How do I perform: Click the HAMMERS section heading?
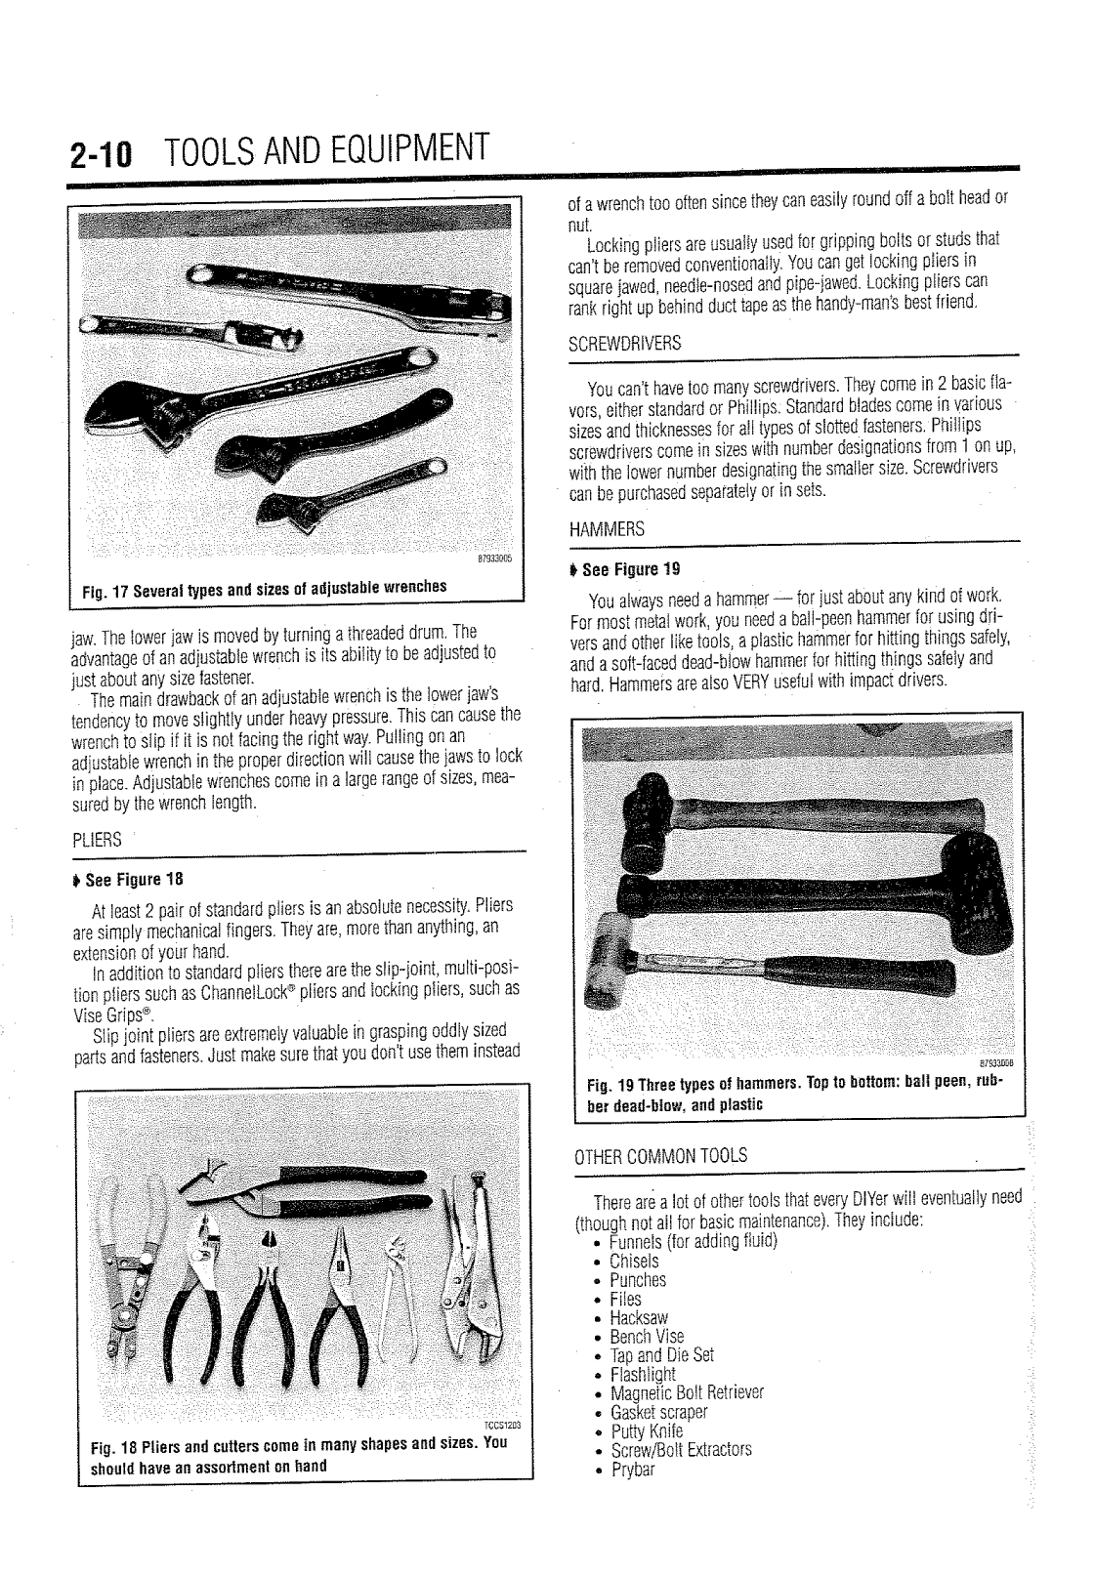(607, 529)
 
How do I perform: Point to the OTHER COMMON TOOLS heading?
(660, 1156)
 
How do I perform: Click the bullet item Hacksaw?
(639, 1318)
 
